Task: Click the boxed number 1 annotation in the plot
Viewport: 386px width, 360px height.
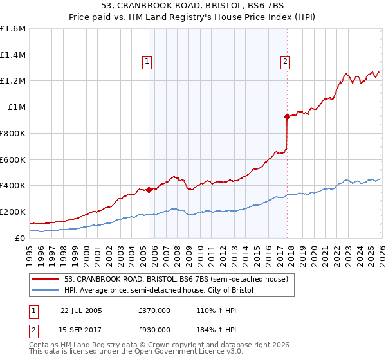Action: point(147,62)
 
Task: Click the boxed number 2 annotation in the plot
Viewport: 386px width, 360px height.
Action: point(285,62)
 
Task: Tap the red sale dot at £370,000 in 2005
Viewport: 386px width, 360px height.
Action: point(149,190)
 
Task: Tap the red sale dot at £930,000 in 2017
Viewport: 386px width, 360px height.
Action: point(287,116)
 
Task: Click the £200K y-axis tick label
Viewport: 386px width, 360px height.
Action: point(13,212)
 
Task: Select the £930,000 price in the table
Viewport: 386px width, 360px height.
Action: point(154,330)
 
